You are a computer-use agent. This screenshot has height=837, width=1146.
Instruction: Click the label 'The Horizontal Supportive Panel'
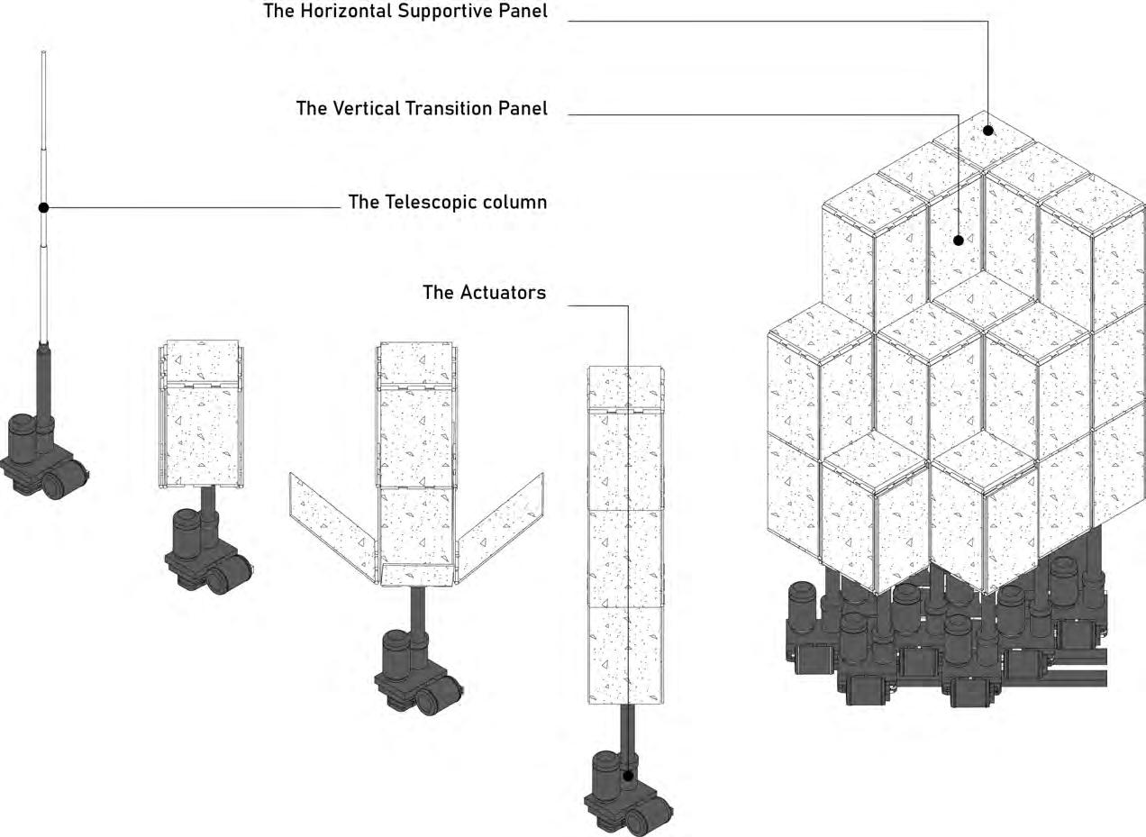405,12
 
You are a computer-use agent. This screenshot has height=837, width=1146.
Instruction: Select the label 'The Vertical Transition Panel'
422,108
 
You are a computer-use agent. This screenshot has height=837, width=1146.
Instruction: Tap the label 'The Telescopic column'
447,202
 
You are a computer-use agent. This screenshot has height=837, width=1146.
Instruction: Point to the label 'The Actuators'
484,293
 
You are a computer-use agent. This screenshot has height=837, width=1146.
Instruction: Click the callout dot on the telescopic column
43,207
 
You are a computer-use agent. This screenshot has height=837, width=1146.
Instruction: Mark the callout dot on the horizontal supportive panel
988,130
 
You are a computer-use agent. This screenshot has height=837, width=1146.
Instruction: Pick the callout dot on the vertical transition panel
959,241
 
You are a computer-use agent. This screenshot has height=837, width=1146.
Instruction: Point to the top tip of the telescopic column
43,54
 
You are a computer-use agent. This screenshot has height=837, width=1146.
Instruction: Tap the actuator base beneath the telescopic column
44,455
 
